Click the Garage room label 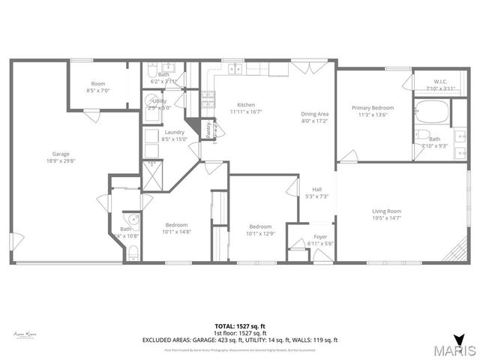(61, 154)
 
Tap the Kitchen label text (247, 104)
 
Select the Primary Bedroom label (373, 108)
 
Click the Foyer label (320, 237)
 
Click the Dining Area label (315, 113)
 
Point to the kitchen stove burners (208, 99)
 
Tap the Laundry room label (174, 131)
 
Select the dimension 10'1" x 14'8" (177, 232)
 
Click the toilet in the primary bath (423, 136)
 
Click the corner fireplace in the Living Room (454, 252)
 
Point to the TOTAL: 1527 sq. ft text (239, 326)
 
